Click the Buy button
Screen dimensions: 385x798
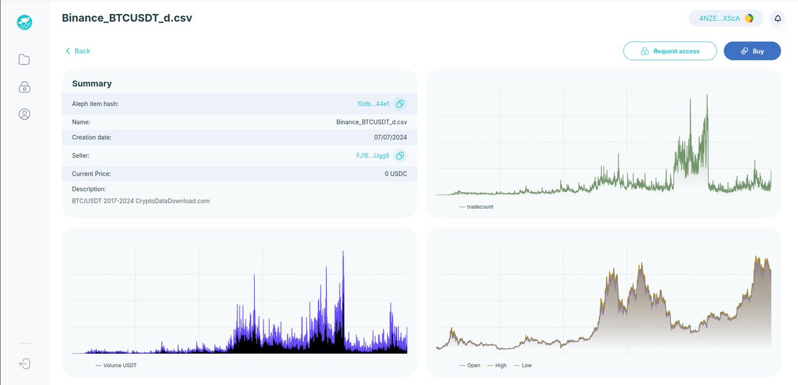(x=752, y=51)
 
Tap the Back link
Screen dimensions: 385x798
(x=78, y=51)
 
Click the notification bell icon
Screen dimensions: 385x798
(x=777, y=19)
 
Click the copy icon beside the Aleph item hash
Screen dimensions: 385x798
(x=400, y=104)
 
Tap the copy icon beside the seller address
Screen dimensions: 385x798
(x=400, y=156)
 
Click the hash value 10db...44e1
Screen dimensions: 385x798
(x=373, y=104)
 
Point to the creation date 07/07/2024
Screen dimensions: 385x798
(x=390, y=138)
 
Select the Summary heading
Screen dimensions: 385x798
(x=92, y=84)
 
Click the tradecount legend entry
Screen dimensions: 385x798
(x=477, y=207)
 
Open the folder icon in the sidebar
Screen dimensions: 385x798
(x=25, y=60)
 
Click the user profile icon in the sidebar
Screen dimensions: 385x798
(x=25, y=114)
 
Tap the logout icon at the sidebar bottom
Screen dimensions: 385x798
(x=25, y=364)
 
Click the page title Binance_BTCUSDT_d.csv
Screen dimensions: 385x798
(x=127, y=18)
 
